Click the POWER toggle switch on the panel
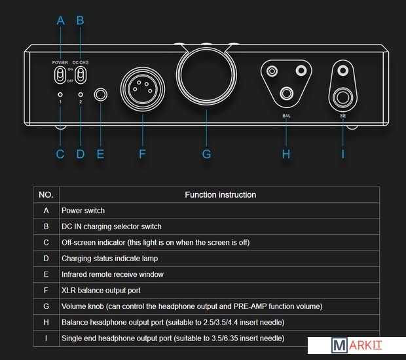pyautogui.click(x=60, y=74)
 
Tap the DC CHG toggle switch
pyautogui.click(x=80, y=74)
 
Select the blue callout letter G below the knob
pyautogui.click(x=206, y=154)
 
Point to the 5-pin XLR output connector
pyautogui.click(x=141, y=88)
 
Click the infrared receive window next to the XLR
pyautogui.click(x=100, y=96)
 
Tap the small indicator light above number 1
pyautogui.click(x=60, y=94)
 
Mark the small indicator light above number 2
pyautogui.click(x=80, y=94)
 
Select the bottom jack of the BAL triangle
pyautogui.click(x=286, y=94)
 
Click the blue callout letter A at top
pyautogui.click(x=61, y=20)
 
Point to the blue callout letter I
pyautogui.click(x=342, y=154)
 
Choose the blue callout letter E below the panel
pyautogui.click(x=100, y=154)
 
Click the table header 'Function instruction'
pyautogui.click(x=220, y=194)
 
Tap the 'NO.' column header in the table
pyautogui.click(x=46, y=194)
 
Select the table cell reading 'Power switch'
pyautogui.click(x=83, y=211)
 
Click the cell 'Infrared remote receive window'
pyautogui.click(x=113, y=274)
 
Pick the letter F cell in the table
pyautogui.click(x=46, y=290)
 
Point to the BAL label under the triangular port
pyautogui.click(x=286, y=116)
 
